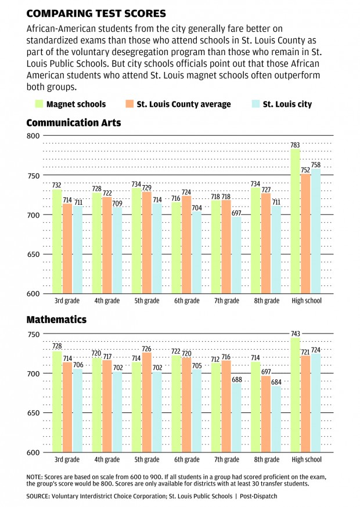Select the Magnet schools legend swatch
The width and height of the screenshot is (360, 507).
[x=39, y=104]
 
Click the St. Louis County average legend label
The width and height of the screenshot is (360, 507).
[x=183, y=104]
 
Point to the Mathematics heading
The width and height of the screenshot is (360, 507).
[x=56, y=320]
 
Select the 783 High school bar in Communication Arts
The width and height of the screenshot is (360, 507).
[x=295, y=220]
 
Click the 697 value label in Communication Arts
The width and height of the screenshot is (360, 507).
[x=236, y=213]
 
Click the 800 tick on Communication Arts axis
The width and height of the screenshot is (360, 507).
[x=33, y=136]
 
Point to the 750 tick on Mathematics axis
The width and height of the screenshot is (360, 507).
[x=33, y=334]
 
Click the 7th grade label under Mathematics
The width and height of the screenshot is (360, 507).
[x=226, y=459]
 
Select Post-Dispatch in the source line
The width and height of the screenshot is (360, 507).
[x=258, y=497]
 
